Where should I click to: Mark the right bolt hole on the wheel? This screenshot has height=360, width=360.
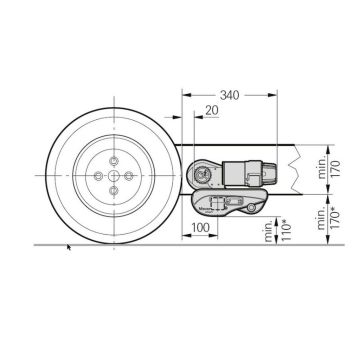click(x=131, y=174)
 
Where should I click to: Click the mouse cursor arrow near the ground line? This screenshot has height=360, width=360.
click(x=68, y=246)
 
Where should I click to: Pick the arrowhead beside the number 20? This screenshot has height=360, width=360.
click(x=197, y=117)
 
